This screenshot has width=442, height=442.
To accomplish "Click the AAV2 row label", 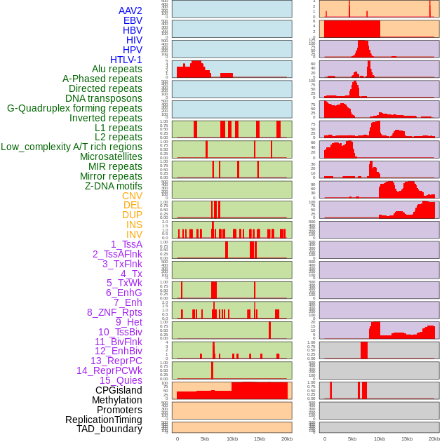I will pos(130,11).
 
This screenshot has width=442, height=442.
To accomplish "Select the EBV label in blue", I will pos(133,20).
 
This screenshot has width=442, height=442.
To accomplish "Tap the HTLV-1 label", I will pos(126,60).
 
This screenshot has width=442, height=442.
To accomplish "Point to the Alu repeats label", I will pos(117,69).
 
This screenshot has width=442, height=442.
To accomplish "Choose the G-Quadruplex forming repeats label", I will pos(74,108).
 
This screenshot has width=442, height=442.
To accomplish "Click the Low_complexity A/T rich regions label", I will pos(72,147).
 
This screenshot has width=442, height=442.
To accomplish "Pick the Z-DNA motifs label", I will pos(114,186).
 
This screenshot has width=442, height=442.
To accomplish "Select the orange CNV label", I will pos(132,196).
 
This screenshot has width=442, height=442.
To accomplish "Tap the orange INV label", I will pos(134,234).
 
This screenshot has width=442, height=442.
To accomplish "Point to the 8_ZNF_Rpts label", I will pos(114,312).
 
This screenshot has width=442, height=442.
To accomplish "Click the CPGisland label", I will pos(119,390).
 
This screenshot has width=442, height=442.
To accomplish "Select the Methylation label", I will pos(117,400).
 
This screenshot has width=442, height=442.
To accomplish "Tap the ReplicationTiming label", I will pos(103,420).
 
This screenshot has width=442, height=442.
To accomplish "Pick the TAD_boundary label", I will pos(109,429).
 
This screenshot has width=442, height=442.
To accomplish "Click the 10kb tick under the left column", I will pos(232,438).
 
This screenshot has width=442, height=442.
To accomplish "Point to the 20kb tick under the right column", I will pos(434,438).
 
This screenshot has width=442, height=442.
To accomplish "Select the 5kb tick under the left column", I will pos(205,438).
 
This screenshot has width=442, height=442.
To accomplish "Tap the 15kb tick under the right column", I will pos(407,438).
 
